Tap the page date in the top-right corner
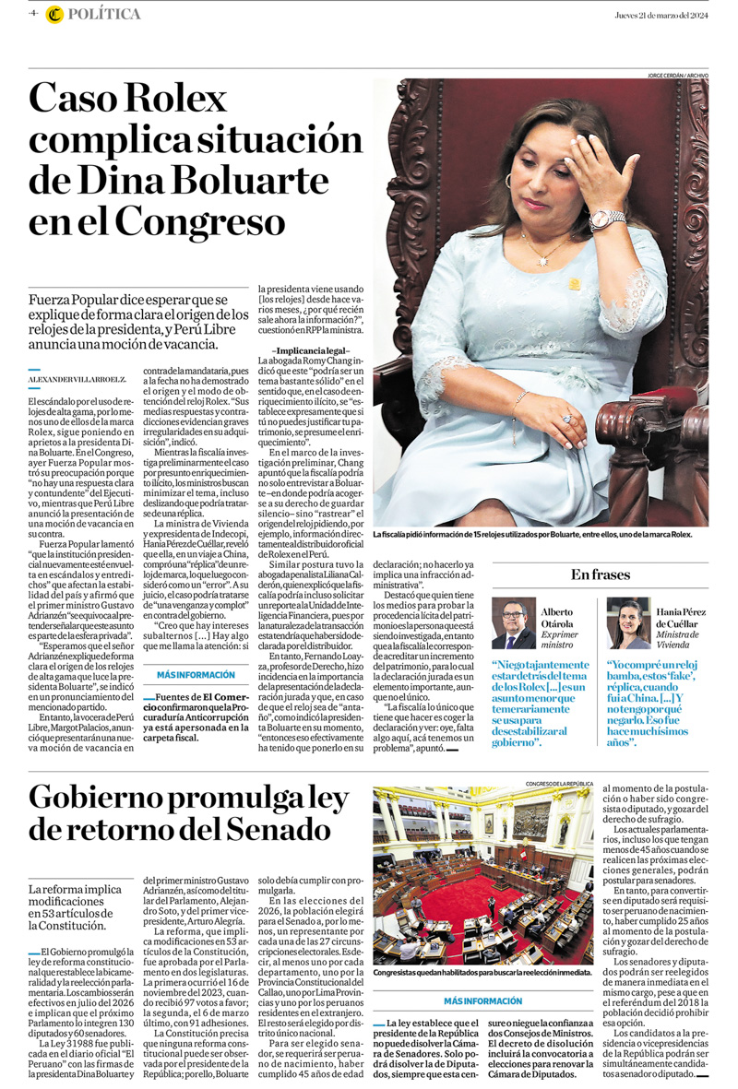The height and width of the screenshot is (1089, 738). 661,14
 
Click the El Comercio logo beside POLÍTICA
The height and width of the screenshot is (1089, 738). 54,15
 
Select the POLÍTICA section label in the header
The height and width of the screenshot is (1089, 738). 105,15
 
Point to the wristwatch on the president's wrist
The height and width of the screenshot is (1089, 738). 607,219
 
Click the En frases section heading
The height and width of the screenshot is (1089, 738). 601,574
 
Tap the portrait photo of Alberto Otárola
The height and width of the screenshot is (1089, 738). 514,624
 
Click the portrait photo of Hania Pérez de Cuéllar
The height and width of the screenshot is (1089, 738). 628,624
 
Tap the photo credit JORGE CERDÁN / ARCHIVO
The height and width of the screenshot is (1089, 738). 678,75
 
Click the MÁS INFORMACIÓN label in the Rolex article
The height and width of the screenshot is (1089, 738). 196,674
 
